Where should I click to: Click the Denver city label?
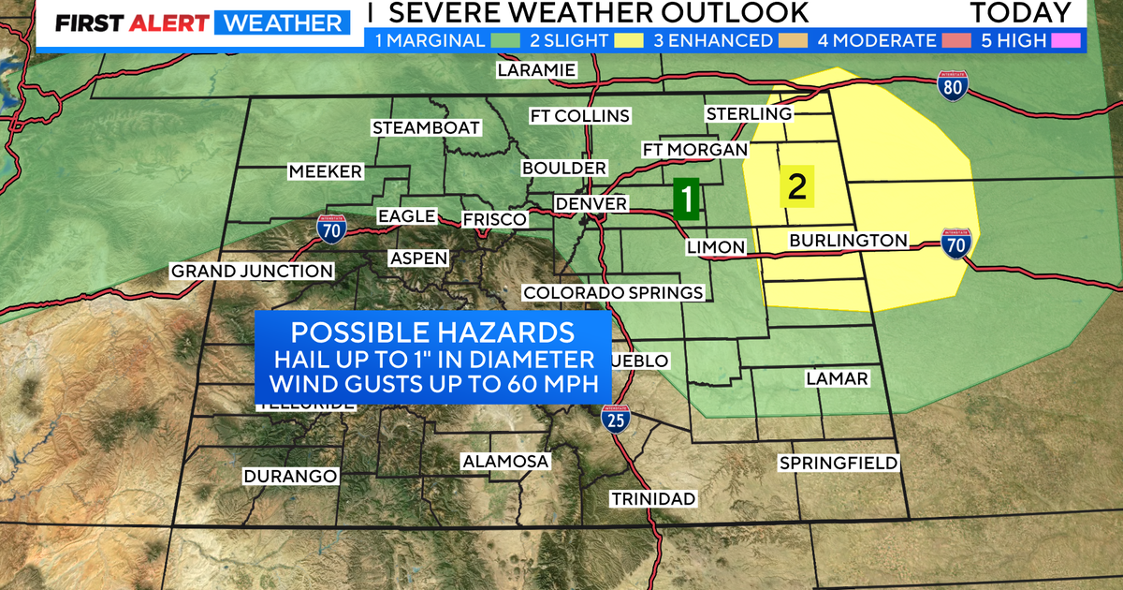[591, 203]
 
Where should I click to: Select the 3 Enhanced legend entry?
[713, 40]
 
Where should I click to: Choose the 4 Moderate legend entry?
[876, 40]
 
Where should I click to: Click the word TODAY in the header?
[1020, 13]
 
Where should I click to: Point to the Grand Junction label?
[251, 272]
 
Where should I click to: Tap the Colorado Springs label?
[613, 292]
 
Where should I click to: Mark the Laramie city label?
[537, 70]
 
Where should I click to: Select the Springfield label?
[839, 463]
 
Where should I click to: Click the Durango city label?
[290, 476]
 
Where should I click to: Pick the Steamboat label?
[426, 127]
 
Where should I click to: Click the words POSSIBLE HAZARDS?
[431, 332]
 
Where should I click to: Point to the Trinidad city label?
[653, 498]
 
